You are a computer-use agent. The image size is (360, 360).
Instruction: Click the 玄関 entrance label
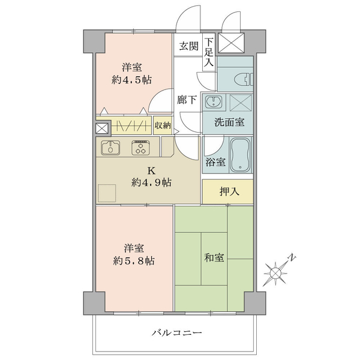pyautogui.click(x=189, y=46)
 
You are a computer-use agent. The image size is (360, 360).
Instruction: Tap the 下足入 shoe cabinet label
pyautogui.click(x=209, y=52)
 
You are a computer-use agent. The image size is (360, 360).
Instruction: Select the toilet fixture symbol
pyautogui.click(x=244, y=79)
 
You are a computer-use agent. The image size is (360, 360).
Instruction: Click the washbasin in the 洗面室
pyautogui.click(x=214, y=101)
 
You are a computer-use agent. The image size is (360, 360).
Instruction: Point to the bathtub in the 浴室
pyautogui.click(x=240, y=155)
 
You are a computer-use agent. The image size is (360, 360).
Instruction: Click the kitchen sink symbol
pyautogui.click(x=110, y=148)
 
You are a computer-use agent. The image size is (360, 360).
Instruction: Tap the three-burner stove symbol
pyautogui.click(x=141, y=148)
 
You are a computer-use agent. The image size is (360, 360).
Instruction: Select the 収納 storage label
pyautogui.click(x=163, y=125)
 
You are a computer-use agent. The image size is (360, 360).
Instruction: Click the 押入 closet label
pyautogui.click(x=229, y=191)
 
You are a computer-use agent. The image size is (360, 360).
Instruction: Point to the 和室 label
pyautogui.click(x=214, y=257)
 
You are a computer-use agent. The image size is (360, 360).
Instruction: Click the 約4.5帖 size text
pyautogui.click(x=131, y=80)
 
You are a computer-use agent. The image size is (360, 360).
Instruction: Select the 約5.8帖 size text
pyautogui.click(x=134, y=261)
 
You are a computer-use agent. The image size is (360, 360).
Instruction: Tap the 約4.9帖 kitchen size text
pyautogui.click(x=151, y=183)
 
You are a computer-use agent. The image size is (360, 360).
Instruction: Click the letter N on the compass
pyautogui.click(x=292, y=257)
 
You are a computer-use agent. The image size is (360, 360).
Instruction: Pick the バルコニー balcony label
pyautogui.click(x=177, y=332)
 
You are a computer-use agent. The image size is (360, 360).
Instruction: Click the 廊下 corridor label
pyautogui.click(x=187, y=100)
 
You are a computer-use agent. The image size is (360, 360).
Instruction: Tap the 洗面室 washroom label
pyautogui.click(x=229, y=122)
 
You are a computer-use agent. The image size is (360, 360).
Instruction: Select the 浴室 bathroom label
pyautogui.click(x=215, y=162)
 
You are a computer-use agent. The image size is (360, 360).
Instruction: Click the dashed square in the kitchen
pyautogui.click(x=107, y=193)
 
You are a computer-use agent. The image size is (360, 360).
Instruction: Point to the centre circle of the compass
pyautogui.click(x=275, y=273)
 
